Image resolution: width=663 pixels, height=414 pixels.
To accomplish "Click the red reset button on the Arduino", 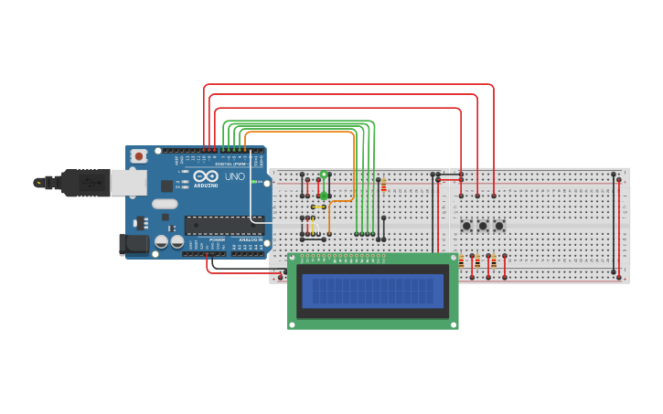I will click(x=139, y=156).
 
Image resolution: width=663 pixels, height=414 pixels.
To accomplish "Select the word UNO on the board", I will click(x=234, y=175).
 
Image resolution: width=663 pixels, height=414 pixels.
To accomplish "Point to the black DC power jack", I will click(x=133, y=244).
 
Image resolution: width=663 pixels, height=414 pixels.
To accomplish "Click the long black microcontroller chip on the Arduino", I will click(x=223, y=225).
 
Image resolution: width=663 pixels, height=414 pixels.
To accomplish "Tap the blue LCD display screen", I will click(x=372, y=292).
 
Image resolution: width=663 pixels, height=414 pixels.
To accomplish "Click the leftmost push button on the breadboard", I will click(x=466, y=226).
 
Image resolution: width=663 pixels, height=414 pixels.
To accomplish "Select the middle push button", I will click(x=483, y=226).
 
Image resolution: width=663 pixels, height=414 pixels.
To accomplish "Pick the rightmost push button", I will click(x=499, y=226).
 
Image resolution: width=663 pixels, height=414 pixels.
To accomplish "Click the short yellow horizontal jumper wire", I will click(x=319, y=207).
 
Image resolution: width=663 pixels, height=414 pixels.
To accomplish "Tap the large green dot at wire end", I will click(x=324, y=195).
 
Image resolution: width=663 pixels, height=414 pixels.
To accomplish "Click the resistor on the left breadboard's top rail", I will click(x=383, y=186).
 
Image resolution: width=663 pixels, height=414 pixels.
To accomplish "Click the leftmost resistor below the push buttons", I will click(x=461, y=263).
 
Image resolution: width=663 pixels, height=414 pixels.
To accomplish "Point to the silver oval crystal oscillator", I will click(x=165, y=204).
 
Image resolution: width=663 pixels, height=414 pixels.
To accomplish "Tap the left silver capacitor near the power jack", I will click(x=161, y=242).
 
